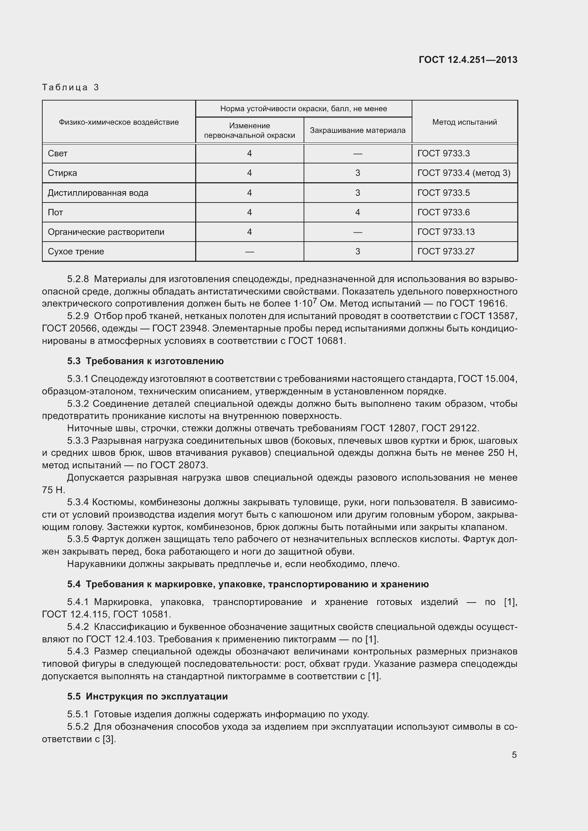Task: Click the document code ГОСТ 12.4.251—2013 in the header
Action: click(x=468, y=60)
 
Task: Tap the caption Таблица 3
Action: click(x=71, y=87)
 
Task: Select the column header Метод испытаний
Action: click(x=465, y=122)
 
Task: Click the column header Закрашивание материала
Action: click(x=357, y=130)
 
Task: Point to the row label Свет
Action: click(x=58, y=153)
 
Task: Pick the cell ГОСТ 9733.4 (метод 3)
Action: click(x=464, y=173)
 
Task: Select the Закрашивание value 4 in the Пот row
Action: click(x=357, y=212)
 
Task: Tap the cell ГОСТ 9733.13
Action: click(x=446, y=232)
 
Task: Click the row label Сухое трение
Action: click(x=76, y=252)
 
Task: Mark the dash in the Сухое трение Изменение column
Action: click(x=250, y=252)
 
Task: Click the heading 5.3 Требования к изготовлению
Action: click(x=145, y=361)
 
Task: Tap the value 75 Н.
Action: click(x=53, y=490)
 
